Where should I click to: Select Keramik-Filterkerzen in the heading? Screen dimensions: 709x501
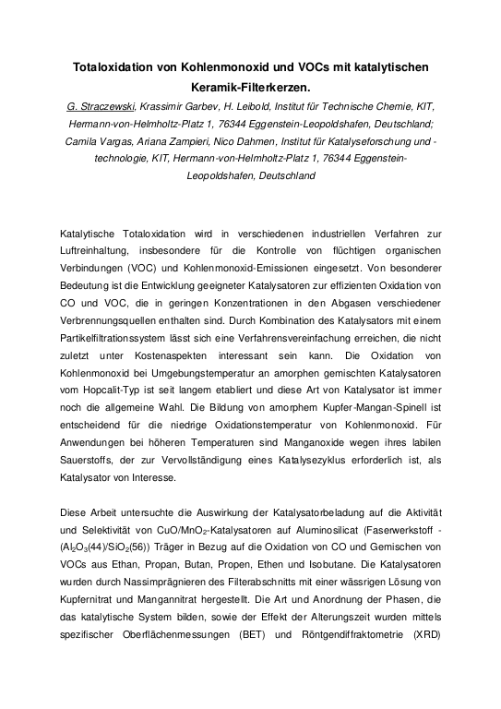click(x=250, y=88)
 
